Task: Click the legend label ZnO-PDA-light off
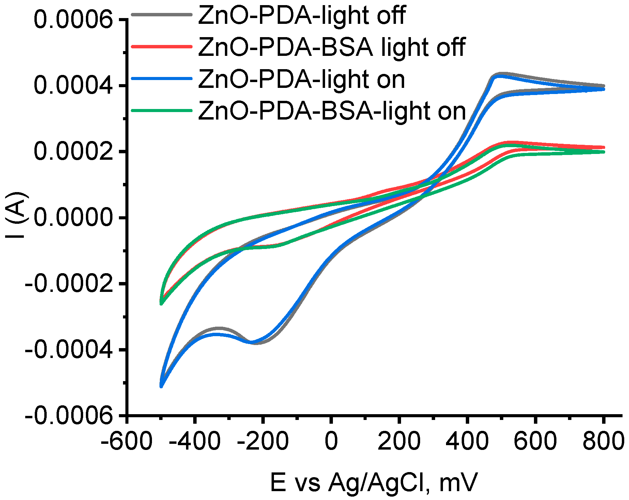[x=302, y=15]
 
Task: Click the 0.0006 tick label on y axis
[x=73, y=20]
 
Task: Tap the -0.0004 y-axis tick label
[x=68, y=350]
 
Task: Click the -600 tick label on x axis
[x=126, y=441]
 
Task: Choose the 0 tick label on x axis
[x=331, y=441]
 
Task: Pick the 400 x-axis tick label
[x=467, y=441]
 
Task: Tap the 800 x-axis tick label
[x=603, y=441]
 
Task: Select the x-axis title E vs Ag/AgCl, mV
[x=374, y=483]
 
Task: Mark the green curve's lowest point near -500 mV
[x=161, y=303]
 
